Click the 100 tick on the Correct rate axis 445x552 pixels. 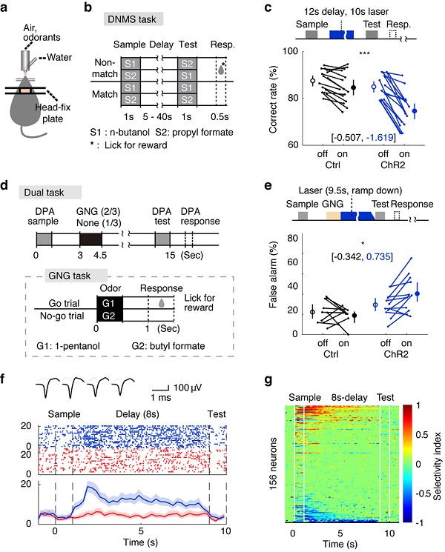click(x=293, y=53)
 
